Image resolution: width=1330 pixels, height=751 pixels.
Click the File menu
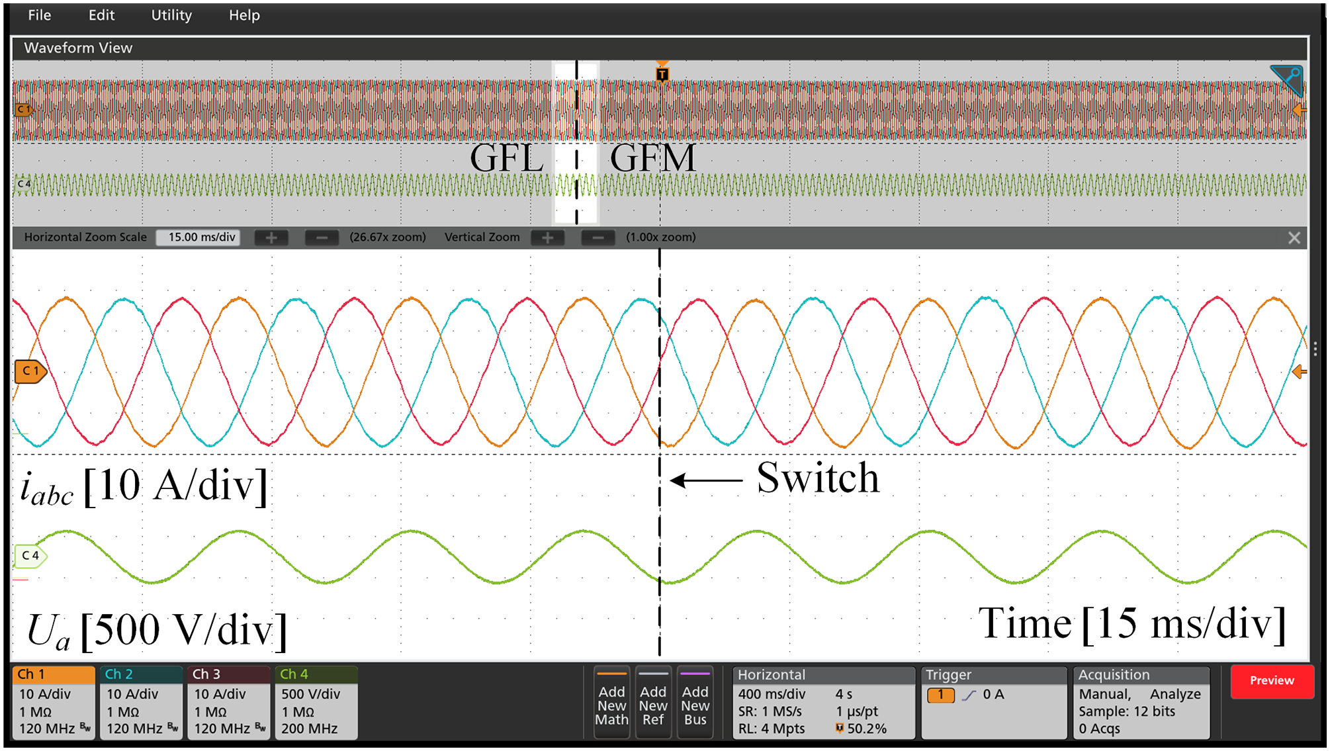[x=40, y=15]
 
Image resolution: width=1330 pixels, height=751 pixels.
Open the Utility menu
[x=171, y=15]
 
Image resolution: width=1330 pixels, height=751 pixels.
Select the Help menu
[x=244, y=15]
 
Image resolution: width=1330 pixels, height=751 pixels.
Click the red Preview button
[x=1271, y=681]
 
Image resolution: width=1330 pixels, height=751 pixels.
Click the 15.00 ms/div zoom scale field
[x=199, y=238]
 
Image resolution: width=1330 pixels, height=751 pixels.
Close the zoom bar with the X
[x=1294, y=238]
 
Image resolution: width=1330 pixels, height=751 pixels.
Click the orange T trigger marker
[x=662, y=73]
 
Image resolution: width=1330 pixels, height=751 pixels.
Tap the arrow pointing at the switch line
[x=706, y=480]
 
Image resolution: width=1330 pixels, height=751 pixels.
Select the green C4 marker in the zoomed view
[x=30, y=556]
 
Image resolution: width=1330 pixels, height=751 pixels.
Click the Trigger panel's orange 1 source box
[x=940, y=695]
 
